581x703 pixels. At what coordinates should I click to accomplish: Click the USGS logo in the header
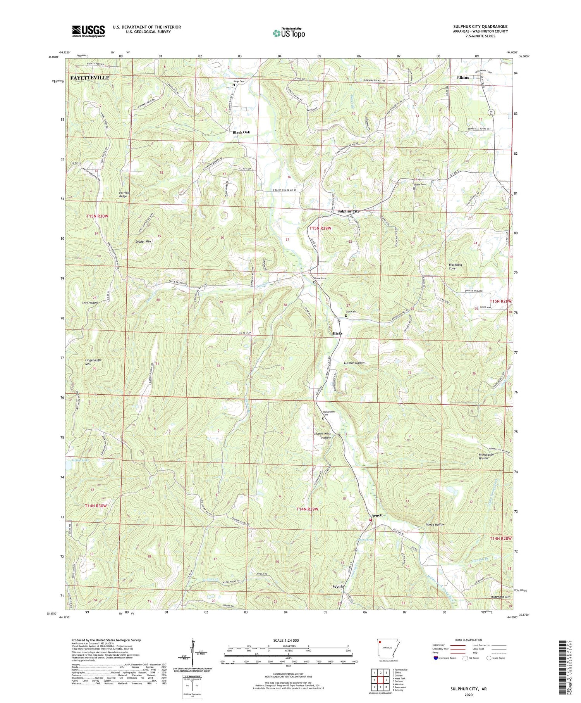88,31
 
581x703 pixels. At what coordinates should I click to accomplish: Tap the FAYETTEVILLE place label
90,78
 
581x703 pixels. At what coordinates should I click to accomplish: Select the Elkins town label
463,78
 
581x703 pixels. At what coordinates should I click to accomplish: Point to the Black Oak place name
241,132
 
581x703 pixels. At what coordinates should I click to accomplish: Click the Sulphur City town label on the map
348,211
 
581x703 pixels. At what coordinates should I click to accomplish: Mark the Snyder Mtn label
143,241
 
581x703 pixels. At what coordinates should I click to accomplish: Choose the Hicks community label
337,333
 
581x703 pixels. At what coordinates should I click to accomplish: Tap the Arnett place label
377,515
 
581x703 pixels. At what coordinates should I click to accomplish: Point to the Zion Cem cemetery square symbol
346,316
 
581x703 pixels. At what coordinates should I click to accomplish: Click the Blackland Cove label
455,266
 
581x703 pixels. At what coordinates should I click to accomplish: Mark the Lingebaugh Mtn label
93,362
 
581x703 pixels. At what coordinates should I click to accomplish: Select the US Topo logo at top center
289,33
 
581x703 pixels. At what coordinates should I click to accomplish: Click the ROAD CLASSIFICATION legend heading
469,640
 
